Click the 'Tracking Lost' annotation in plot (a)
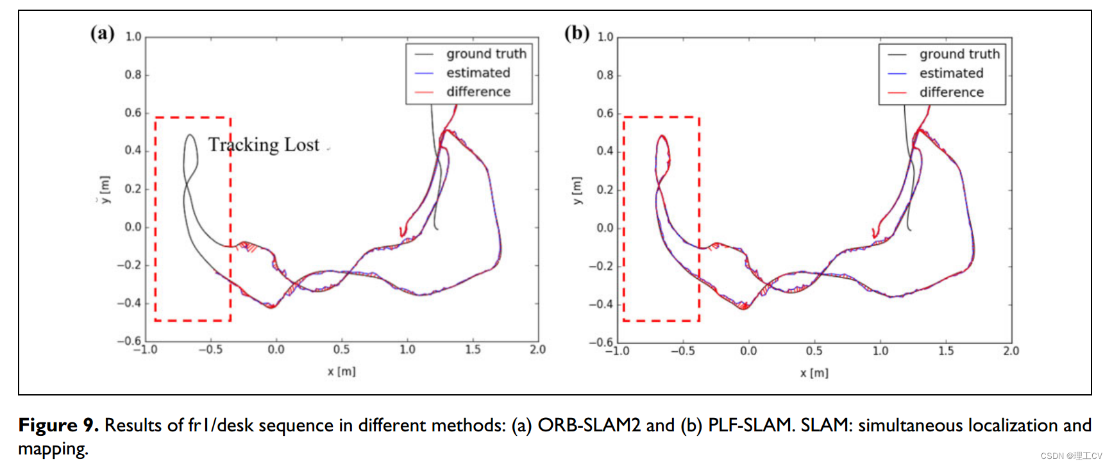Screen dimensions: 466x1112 pos(264,145)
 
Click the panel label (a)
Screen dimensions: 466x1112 pos(103,33)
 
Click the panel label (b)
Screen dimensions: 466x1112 pos(577,33)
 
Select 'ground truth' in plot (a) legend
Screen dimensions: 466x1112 pos(486,54)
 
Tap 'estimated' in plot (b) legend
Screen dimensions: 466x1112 pos(951,73)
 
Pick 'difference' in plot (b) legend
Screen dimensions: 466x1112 pos(951,92)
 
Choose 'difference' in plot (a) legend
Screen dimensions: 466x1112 pos(478,92)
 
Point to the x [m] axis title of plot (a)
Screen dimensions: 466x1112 pos(341,371)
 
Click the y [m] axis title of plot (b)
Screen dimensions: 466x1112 pos(577,190)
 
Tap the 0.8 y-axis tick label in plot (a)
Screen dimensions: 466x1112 pos(133,75)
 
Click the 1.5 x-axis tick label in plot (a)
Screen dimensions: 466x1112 pos(473,349)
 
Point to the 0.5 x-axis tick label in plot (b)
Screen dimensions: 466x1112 pos(814,351)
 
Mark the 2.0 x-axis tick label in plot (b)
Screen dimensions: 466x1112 pos(1011,351)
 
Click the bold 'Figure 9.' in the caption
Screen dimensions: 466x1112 pos(58,425)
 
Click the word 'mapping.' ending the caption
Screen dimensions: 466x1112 pos(53,449)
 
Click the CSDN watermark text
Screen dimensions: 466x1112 pos(1071,456)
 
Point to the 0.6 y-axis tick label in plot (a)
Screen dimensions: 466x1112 pos(133,113)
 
